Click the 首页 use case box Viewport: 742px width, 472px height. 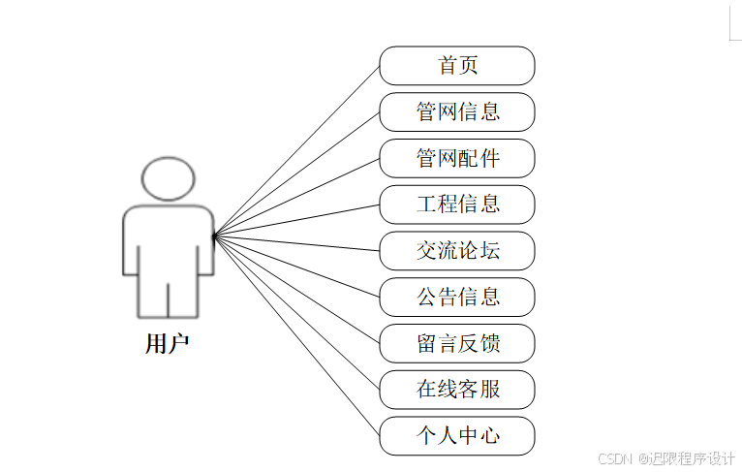[457, 66]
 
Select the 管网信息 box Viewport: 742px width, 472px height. [457, 111]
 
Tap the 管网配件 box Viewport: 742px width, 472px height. [457, 158]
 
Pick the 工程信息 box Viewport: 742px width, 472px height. [457, 205]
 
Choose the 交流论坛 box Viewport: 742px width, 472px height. [457, 251]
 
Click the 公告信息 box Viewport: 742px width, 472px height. [457, 297]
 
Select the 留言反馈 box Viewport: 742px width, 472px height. [457, 343]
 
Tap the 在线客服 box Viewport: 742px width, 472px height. [457, 390]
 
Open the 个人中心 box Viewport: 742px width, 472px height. [457, 436]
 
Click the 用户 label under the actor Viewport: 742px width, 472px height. [167, 344]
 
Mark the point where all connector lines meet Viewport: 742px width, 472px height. [213, 234]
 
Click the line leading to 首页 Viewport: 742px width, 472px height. [295, 150]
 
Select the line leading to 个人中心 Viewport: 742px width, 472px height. [295, 333]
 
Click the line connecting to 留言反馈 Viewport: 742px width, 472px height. [295, 288]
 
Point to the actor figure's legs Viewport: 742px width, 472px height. [168, 296]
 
